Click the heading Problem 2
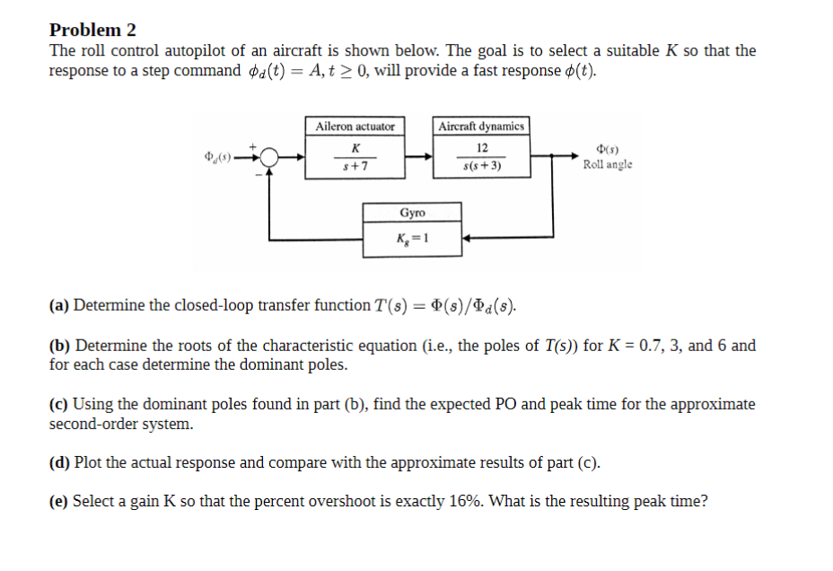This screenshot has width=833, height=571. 93,31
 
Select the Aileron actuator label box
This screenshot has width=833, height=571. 355,127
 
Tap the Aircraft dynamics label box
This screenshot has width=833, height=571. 482,127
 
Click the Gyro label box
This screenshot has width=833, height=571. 413,213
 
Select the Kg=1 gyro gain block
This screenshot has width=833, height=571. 413,239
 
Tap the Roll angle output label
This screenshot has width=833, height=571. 607,164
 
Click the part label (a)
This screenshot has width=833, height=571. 59,306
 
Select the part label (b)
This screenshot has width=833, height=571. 60,346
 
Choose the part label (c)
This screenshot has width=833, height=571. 59,405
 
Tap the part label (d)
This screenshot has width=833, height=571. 60,463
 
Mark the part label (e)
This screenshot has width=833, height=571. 59,502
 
